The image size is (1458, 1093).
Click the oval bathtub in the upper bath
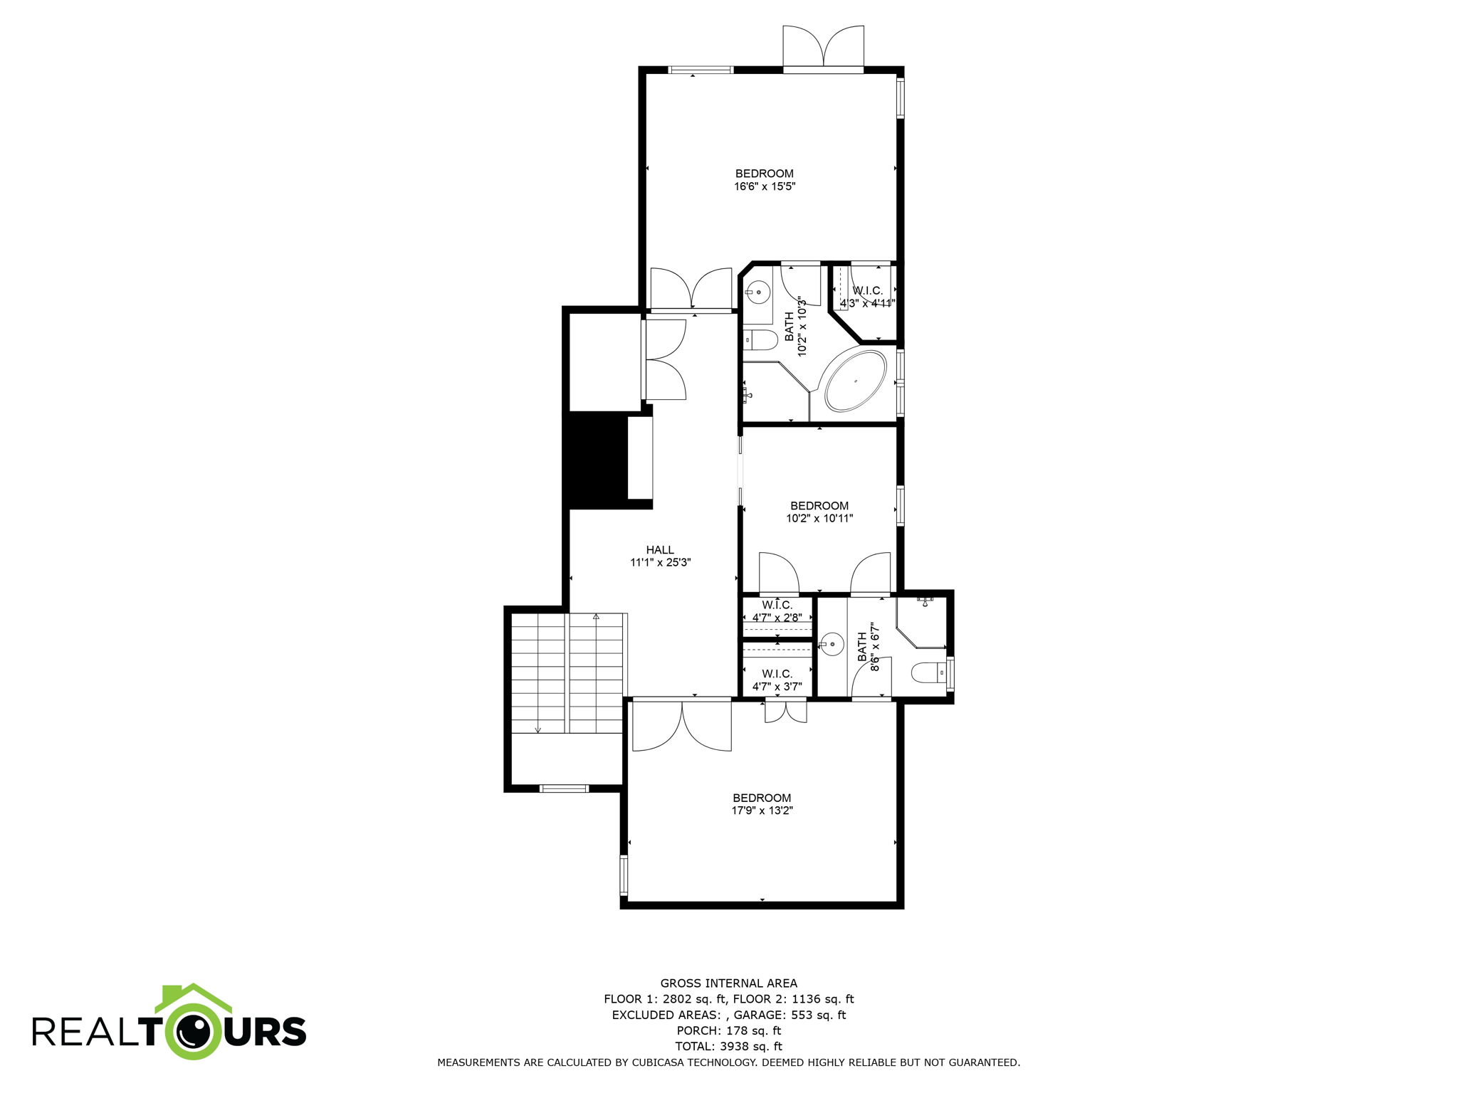click(x=855, y=380)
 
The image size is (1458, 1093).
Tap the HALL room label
click(x=660, y=549)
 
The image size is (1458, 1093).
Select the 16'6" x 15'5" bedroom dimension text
click(x=764, y=186)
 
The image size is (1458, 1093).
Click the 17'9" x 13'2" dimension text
click(x=762, y=810)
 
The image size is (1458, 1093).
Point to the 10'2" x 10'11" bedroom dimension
click(x=819, y=519)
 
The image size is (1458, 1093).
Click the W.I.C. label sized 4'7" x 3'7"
click(x=777, y=673)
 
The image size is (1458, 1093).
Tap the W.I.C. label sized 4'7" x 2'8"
click(x=777, y=606)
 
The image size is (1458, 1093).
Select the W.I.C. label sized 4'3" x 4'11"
click(x=867, y=290)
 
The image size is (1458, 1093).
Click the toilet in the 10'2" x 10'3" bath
click(x=760, y=341)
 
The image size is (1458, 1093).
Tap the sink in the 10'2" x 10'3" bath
click(x=758, y=291)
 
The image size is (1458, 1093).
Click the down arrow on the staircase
click(x=537, y=728)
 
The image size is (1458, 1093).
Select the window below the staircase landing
click(x=564, y=788)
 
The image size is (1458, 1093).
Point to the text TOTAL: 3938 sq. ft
click(x=728, y=1046)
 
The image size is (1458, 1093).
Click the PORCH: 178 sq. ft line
click(x=728, y=1030)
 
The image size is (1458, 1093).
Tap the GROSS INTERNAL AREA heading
click(x=728, y=983)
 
